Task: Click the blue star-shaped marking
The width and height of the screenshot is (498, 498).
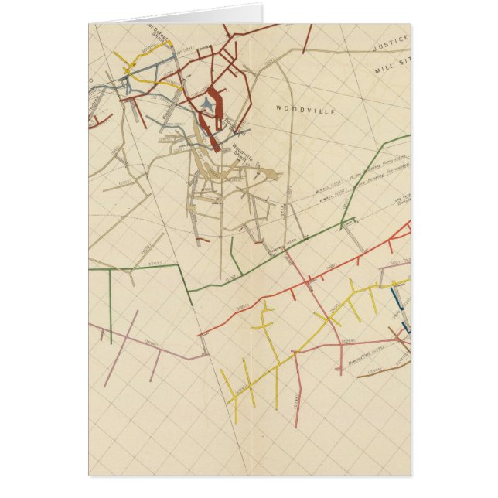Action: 206,104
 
